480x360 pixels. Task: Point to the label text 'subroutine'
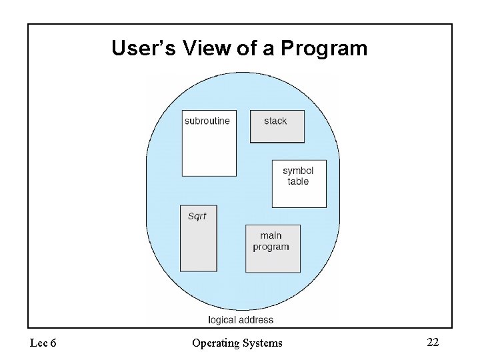[207, 121]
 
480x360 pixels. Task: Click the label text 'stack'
[275, 121]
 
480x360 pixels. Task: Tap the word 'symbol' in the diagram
[298, 171]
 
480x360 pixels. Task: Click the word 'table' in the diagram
[298, 181]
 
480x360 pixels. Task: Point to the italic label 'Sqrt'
[197, 216]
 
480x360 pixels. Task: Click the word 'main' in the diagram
[271, 235]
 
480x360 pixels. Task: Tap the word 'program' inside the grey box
[271, 247]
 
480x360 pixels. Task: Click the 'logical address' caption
[241, 320]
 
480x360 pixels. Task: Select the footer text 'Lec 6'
[43, 343]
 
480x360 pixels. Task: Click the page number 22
[433, 343]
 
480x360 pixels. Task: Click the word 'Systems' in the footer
[263, 343]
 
